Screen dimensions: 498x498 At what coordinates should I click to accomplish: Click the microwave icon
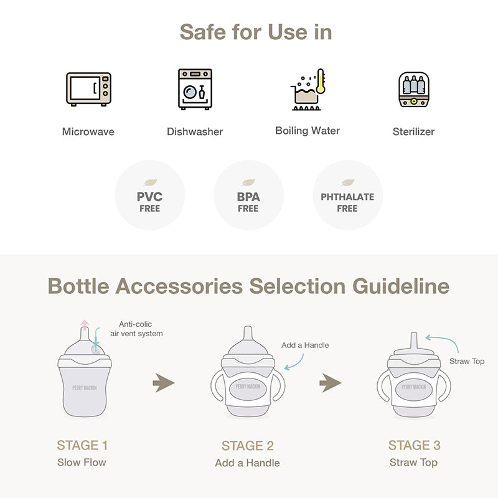[88, 89]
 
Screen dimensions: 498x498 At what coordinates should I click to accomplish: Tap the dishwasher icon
[195, 89]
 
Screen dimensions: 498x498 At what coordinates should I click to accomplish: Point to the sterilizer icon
[414, 90]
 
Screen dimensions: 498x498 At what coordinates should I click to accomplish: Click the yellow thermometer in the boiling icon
[321, 81]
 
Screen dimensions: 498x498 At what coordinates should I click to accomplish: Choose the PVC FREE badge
[150, 195]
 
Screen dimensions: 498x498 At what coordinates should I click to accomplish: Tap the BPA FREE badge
[248, 195]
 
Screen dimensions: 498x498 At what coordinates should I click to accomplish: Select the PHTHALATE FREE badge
[347, 195]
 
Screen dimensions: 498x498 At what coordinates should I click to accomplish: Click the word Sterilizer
[413, 131]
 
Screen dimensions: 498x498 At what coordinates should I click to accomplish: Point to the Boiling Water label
[308, 131]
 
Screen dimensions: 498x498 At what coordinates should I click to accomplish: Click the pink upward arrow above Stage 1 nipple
[85, 324]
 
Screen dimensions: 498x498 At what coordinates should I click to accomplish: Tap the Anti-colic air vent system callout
[136, 329]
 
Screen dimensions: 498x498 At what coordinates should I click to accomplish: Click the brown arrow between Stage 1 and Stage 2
[164, 383]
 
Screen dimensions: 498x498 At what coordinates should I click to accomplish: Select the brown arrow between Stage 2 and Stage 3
[331, 383]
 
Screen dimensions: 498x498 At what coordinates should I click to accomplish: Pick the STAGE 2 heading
[248, 446]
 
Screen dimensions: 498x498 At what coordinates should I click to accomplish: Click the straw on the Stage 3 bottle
[413, 341]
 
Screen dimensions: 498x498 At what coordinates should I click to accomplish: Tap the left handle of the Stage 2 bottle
[217, 385]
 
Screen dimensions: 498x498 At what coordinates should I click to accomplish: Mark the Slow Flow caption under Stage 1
[82, 463]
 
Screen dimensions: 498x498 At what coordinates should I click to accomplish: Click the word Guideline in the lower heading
[401, 286]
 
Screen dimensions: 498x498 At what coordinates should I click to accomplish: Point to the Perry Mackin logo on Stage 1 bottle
[85, 388]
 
